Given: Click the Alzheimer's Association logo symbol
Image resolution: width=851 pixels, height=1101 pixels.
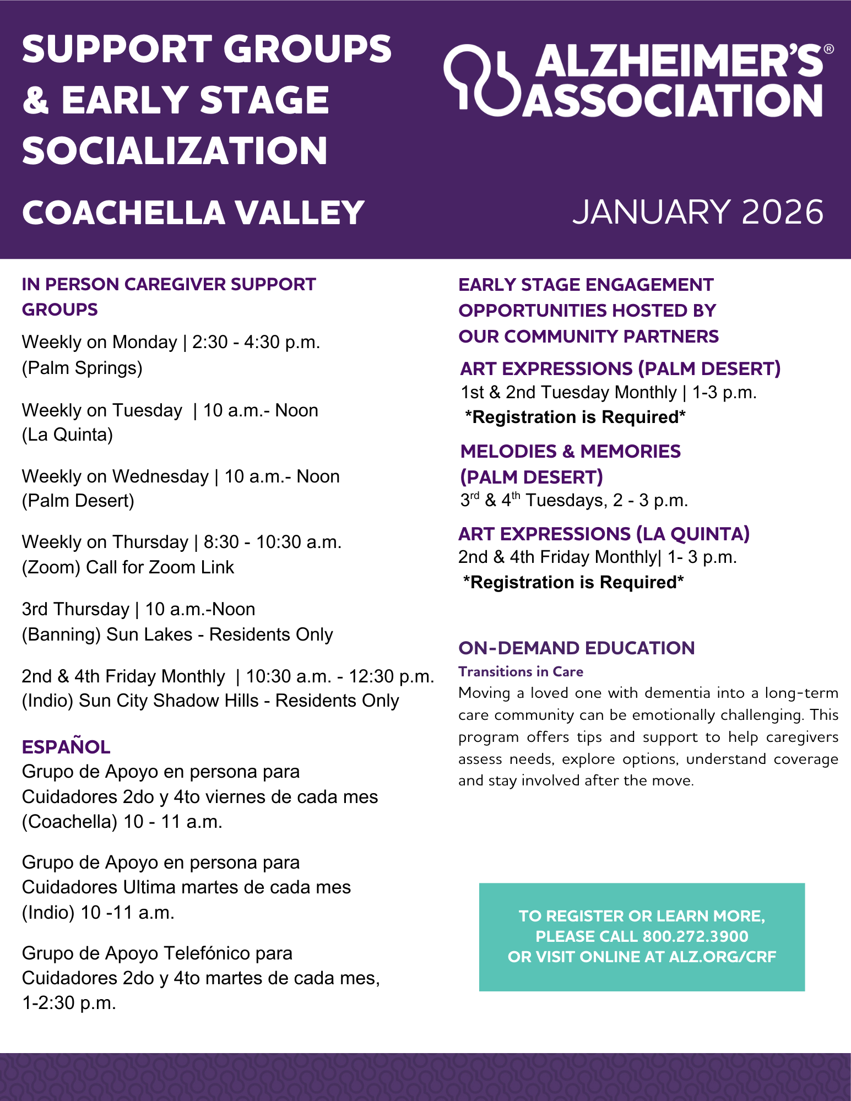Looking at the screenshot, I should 482,80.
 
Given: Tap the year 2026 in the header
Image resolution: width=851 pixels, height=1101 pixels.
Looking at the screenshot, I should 782,212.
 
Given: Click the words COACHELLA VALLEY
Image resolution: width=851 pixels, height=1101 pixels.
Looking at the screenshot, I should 193,213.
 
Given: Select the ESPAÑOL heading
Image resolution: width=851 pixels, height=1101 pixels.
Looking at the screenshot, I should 66,747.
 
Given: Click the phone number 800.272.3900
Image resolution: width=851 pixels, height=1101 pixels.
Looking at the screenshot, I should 695,936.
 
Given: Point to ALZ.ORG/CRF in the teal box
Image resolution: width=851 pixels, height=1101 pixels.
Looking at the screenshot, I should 722,957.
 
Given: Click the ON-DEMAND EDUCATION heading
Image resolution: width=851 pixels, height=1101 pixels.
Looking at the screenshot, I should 576,648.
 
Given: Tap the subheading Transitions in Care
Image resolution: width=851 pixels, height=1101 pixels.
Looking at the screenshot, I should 521,671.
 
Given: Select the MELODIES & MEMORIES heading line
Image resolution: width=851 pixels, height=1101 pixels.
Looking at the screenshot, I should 570,451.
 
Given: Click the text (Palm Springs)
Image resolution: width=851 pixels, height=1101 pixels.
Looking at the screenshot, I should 82,367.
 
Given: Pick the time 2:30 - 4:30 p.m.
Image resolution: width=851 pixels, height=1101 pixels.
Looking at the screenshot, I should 256,342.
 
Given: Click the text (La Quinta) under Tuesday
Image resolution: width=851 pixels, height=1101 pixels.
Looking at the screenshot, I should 67,435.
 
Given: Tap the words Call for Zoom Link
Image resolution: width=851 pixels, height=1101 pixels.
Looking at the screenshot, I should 160,567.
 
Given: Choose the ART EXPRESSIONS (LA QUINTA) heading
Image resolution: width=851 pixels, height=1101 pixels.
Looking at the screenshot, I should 604,534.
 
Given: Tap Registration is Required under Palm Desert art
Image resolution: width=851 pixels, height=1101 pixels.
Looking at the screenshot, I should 575,417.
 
